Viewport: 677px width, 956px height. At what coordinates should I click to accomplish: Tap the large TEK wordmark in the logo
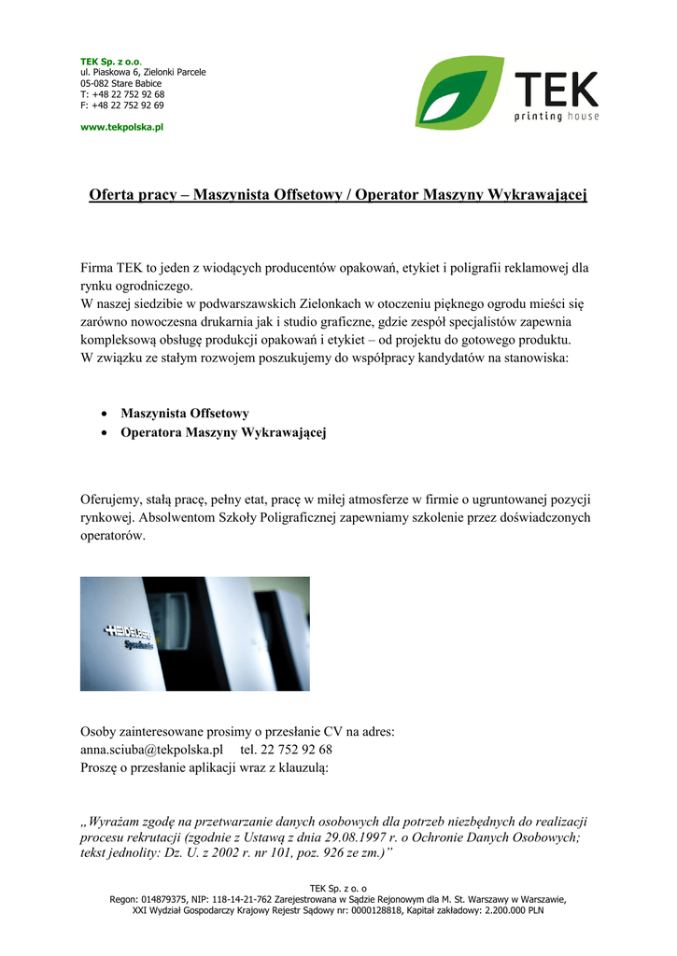[x=556, y=90]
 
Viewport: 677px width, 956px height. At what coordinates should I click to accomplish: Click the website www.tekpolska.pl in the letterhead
[x=121, y=127]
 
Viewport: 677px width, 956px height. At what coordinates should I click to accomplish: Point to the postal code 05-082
[x=96, y=83]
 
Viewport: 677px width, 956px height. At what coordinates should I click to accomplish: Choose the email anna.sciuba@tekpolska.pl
[x=151, y=749]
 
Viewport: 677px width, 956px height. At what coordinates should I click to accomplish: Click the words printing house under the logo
[x=557, y=117]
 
